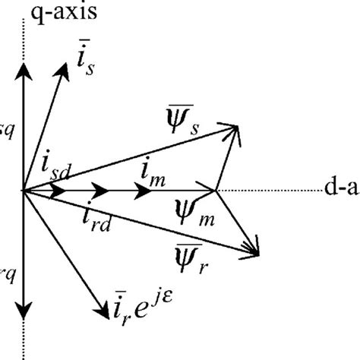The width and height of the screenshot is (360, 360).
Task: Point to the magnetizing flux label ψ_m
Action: click(191, 211)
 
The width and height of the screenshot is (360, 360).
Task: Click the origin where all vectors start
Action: click(24, 190)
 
